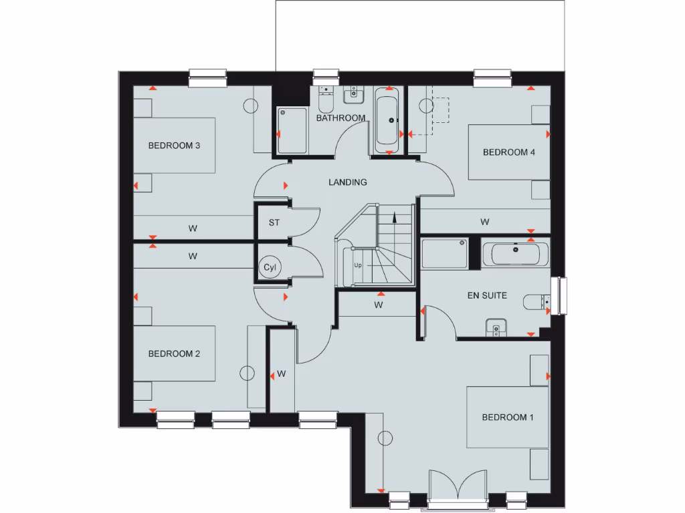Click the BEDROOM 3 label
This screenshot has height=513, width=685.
(x=174, y=146)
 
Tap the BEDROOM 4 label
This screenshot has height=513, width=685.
(x=509, y=152)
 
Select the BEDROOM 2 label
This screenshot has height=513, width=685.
(x=174, y=354)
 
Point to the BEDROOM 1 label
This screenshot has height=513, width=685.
(x=508, y=417)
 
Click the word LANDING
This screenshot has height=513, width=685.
(x=347, y=182)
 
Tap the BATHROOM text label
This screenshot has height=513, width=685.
(x=340, y=118)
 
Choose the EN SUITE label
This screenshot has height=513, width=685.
(x=486, y=295)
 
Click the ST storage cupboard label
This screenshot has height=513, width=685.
(x=274, y=222)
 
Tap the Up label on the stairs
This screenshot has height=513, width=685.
(x=358, y=265)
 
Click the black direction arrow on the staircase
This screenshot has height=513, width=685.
(x=395, y=216)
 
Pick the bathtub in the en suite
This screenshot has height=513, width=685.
(x=515, y=253)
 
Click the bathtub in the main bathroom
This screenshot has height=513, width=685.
(x=389, y=121)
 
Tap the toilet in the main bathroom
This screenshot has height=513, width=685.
(x=326, y=100)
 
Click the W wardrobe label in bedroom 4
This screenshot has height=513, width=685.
(x=484, y=221)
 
